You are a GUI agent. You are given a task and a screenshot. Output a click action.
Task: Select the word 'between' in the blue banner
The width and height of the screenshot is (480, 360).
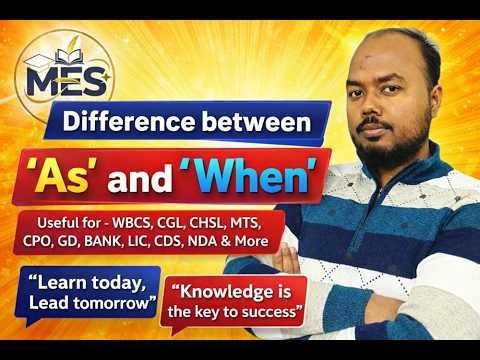[x=257, y=124]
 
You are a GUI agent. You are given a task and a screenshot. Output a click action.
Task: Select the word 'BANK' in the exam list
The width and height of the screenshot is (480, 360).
[x=134, y=242]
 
